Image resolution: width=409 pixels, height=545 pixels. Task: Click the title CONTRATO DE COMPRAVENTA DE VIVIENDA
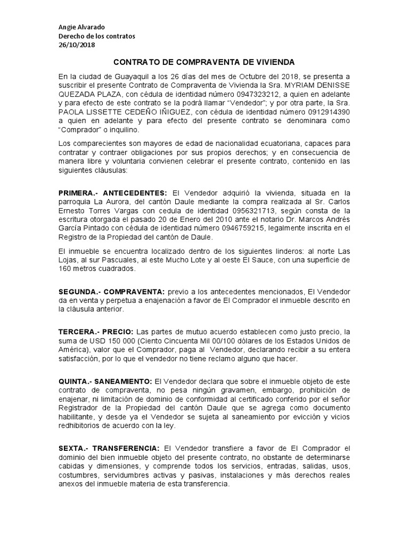204,62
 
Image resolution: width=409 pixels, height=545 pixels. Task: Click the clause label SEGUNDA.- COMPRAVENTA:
111,292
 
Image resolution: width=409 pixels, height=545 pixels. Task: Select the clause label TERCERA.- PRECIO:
96,332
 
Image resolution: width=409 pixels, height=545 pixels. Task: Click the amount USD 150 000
107,341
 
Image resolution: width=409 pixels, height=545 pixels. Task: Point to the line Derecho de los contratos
97,36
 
